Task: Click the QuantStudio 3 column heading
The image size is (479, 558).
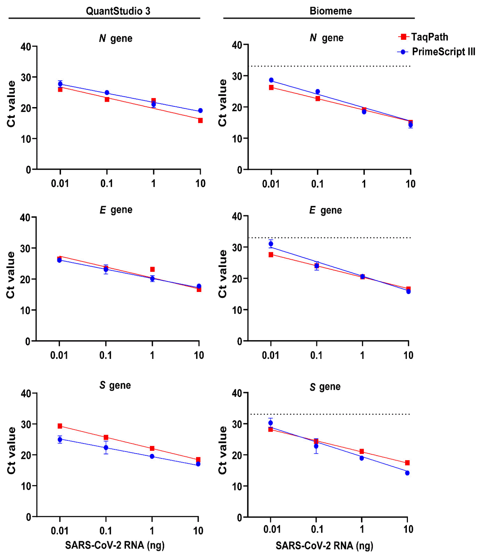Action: (x=118, y=11)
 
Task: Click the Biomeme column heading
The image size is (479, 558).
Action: (x=330, y=11)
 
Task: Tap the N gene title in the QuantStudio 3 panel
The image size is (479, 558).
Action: (x=116, y=38)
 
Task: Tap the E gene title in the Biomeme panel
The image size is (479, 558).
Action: (x=325, y=210)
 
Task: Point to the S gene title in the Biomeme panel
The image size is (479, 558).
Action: (x=325, y=387)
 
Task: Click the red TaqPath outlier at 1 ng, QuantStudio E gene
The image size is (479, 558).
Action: (x=153, y=269)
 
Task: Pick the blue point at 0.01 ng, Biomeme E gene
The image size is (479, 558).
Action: (x=271, y=243)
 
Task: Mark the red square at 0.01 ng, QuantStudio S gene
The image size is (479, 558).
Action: (x=60, y=426)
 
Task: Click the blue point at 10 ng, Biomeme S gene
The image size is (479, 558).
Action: (x=407, y=473)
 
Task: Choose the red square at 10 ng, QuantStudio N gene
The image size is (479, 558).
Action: (x=200, y=120)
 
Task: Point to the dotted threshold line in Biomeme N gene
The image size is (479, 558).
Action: (x=330, y=66)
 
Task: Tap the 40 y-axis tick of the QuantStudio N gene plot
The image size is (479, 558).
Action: (x=26, y=46)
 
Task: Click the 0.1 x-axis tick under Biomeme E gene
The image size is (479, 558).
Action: (x=316, y=355)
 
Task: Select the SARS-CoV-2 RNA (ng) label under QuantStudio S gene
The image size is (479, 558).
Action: (x=115, y=545)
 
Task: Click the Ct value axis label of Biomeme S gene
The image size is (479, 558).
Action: (x=223, y=450)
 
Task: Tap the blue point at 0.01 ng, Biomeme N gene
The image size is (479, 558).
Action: (x=271, y=80)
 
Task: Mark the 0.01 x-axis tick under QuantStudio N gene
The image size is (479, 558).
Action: (x=60, y=183)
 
